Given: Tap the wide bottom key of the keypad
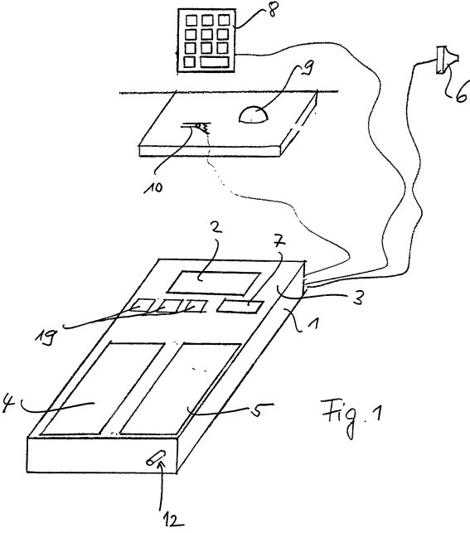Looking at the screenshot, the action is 214,62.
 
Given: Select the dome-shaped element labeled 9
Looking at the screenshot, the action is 254,114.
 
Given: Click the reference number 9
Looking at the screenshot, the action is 308,67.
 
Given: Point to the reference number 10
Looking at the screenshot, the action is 153,187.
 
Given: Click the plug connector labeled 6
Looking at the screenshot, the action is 446,60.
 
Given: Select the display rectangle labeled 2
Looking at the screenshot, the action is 214,283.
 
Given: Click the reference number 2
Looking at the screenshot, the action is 216,229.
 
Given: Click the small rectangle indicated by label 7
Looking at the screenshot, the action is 240,306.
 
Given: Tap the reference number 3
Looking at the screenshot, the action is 357,298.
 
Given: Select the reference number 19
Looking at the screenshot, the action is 46,337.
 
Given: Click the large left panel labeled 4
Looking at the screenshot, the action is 103,389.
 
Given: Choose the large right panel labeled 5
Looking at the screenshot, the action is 181,389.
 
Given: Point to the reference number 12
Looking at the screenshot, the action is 172,520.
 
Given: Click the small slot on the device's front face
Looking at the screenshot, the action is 156,457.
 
